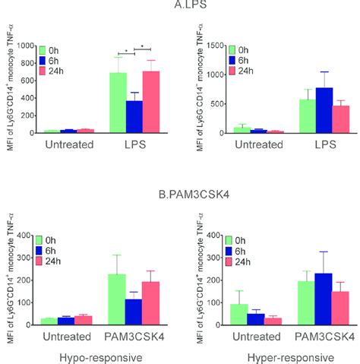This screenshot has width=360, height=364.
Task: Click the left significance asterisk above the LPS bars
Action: pos(126,53)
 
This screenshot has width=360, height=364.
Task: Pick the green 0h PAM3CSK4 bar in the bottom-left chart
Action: pos(117,299)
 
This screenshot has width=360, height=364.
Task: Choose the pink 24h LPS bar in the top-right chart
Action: pos(318,119)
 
